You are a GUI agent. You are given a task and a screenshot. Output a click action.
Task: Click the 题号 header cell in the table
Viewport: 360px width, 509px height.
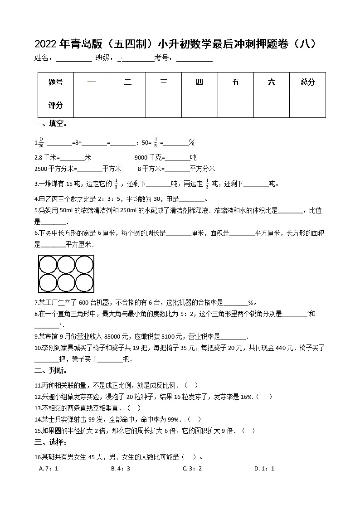(x=55, y=82)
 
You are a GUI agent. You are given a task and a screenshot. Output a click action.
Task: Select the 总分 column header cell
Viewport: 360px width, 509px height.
(x=307, y=82)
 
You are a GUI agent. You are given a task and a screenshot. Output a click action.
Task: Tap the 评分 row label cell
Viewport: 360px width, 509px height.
(x=55, y=106)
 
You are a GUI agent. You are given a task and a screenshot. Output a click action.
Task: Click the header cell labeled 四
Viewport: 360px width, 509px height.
(x=199, y=82)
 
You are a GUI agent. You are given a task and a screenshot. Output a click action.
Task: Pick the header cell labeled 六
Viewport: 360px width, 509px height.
(x=271, y=82)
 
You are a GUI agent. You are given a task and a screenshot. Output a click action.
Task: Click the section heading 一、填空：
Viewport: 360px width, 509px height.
(x=50, y=124)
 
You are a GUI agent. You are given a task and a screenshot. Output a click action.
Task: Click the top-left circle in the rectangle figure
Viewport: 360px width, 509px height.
(x=48, y=265)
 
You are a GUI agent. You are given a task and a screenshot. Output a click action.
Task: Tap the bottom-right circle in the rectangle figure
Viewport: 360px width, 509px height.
(x=84, y=283)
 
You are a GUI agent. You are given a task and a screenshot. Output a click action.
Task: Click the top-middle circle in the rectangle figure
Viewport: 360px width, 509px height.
(x=66, y=265)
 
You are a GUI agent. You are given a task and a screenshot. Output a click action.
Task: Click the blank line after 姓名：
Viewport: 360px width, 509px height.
(x=73, y=58)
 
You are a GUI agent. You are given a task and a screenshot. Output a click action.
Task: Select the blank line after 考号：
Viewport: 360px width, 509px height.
(x=194, y=58)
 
